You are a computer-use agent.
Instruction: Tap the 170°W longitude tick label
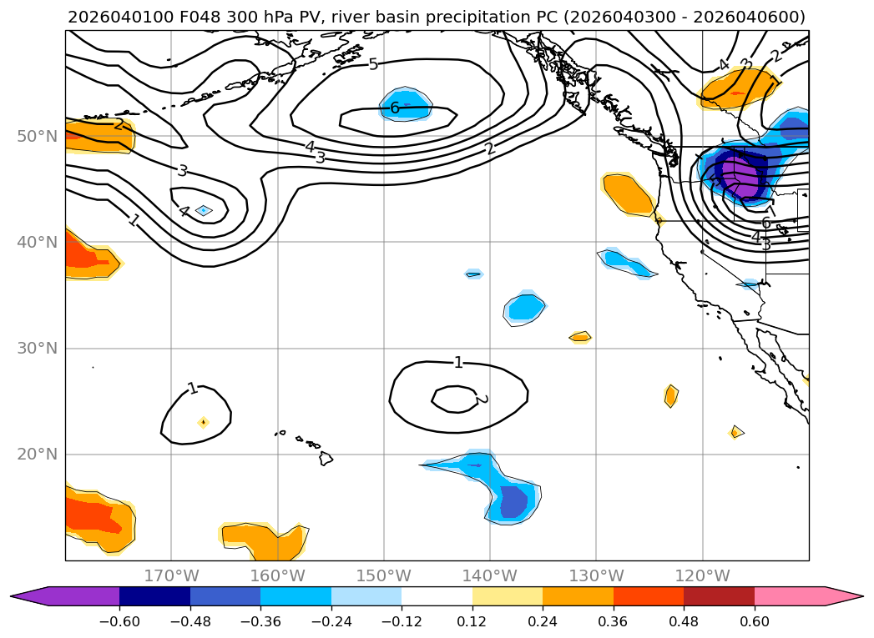(x=171, y=575)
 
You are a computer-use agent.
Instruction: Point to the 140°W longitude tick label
(x=490, y=575)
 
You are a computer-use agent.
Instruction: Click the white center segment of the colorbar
(x=437, y=596)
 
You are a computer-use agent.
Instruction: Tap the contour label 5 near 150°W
(x=373, y=64)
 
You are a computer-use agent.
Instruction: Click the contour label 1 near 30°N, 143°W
(x=457, y=362)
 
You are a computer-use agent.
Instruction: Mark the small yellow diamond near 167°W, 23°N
(x=203, y=422)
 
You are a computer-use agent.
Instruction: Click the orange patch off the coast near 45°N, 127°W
(x=629, y=194)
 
